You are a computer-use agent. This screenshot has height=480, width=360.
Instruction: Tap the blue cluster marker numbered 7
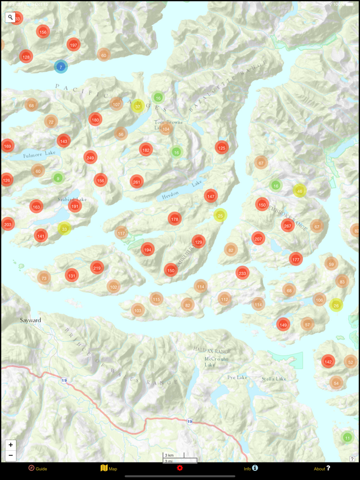(x=61, y=67)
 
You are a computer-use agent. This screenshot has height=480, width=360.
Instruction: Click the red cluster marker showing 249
(x=91, y=157)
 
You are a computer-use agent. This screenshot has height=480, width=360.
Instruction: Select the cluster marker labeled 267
(x=287, y=226)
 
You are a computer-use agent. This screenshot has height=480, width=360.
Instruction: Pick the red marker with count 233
(x=242, y=273)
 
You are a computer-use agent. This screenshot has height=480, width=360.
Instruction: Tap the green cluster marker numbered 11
(x=347, y=438)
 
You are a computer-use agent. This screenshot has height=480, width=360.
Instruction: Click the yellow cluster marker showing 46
(x=299, y=191)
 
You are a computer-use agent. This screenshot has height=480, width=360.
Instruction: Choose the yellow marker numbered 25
(x=220, y=215)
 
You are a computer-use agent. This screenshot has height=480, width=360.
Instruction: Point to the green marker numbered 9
(x=58, y=178)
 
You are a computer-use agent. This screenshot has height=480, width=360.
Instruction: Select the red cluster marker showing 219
(x=97, y=268)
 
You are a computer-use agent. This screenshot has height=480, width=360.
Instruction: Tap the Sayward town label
(x=30, y=320)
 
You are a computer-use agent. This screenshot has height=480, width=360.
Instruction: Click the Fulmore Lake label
(x=39, y=154)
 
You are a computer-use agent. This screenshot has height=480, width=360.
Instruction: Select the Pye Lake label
(x=237, y=377)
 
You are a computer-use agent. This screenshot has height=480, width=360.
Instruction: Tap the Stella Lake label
(x=274, y=379)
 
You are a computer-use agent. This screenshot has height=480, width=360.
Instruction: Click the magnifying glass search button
(x=10, y=17)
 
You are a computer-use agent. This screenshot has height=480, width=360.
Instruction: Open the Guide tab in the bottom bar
(x=38, y=469)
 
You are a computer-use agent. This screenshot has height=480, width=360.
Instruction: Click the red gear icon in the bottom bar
(x=179, y=468)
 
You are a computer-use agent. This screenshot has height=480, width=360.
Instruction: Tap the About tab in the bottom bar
(x=322, y=469)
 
